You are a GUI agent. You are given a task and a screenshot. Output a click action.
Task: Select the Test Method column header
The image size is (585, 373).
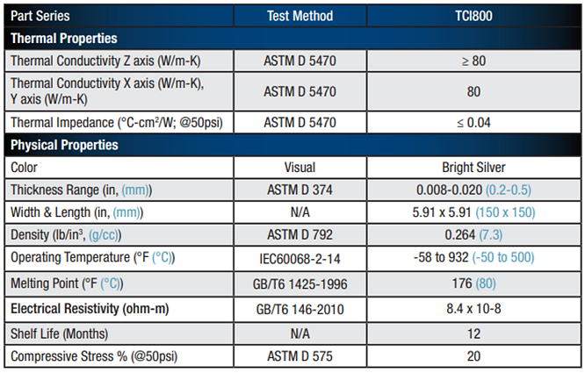point(300,16)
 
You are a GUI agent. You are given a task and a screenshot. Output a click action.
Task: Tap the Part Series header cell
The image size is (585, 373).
point(40,16)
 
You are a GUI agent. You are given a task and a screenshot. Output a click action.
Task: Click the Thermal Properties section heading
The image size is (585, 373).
point(63,39)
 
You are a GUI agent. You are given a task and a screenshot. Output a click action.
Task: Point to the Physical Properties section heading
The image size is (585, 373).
point(64,145)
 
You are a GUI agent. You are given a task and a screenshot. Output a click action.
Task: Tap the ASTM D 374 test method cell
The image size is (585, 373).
point(300,189)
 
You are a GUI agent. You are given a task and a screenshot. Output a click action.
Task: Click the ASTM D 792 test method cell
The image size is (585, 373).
point(300,234)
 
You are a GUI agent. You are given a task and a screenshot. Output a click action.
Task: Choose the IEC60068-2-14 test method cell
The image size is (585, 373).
point(300,258)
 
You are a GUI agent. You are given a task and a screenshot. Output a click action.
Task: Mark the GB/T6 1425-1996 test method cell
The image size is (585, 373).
point(300,283)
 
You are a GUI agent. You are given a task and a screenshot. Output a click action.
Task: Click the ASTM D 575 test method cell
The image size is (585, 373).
point(300,357)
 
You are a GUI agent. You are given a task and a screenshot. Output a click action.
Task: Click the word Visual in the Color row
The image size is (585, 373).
point(300,167)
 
